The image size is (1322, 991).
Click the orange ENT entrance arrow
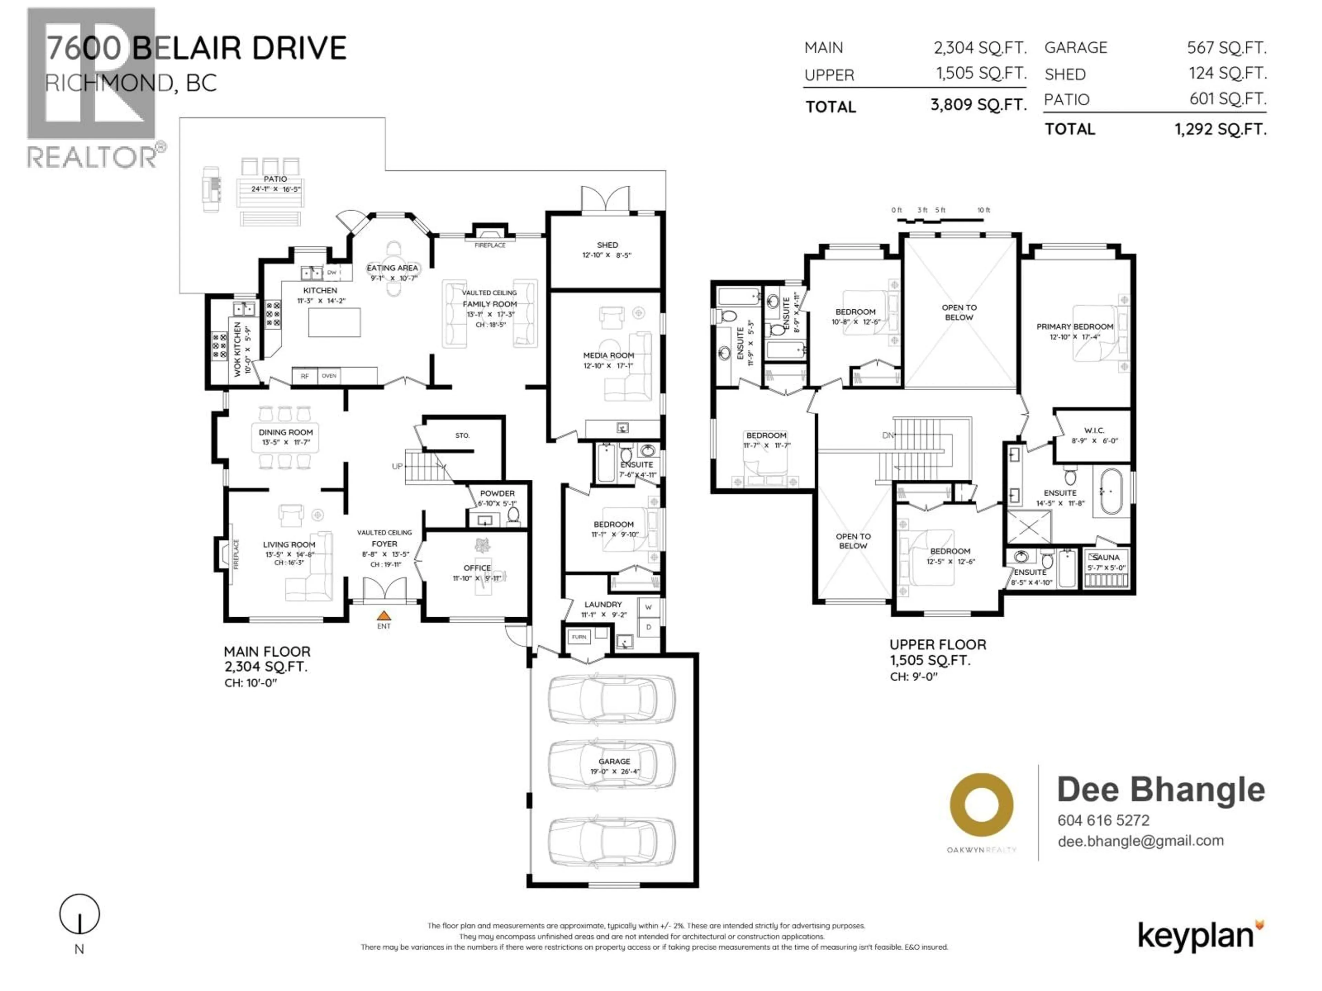384,615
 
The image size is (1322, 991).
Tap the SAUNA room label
1106,557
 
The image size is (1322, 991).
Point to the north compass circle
80,914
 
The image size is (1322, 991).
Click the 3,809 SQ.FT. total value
978,105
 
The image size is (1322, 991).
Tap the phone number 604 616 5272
1103,820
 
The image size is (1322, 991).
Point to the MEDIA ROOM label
608,355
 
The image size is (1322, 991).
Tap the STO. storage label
462,436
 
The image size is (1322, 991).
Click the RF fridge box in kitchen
304,376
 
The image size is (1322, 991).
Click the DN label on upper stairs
888,436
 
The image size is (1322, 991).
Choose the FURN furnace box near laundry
578,637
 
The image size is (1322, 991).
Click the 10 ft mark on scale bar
983,210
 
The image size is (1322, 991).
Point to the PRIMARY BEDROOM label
1074,327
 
